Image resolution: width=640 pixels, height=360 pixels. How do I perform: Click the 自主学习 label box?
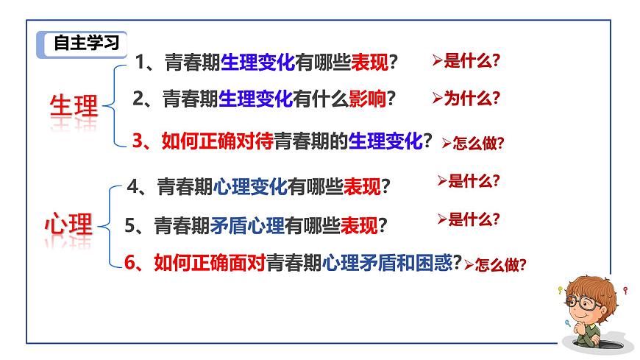tap(82, 43)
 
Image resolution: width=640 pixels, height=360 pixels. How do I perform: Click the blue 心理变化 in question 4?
tap(250, 188)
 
